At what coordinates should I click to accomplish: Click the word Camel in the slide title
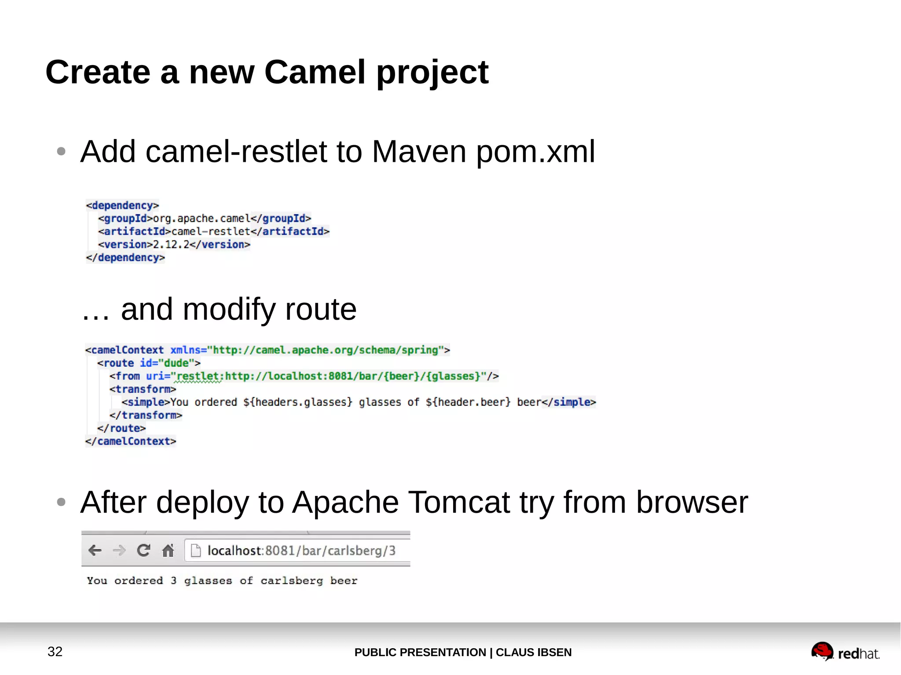pyautogui.click(x=315, y=73)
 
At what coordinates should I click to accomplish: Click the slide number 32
pyautogui.click(x=55, y=651)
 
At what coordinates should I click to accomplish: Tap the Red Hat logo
pyautogui.click(x=845, y=652)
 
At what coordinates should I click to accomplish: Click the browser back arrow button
pyautogui.click(x=95, y=550)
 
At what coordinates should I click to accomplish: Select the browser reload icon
pyautogui.click(x=143, y=550)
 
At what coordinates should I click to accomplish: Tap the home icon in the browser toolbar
pyautogui.click(x=168, y=550)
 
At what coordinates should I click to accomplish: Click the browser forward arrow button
pyautogui.click(x=119, y=550)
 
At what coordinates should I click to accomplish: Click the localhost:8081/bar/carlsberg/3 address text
pyautogui.click(x=301, y=551)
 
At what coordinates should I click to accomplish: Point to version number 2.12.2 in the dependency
pyautogui.click(x=171, y=244)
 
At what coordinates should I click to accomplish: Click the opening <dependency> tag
pyautogui.click(x=122, y=205)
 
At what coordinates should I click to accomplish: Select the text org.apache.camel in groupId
pyautogui.click(x=201, y=219)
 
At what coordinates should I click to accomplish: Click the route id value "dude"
pyautogui.click(x=176, y=363)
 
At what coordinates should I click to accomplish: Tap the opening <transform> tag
pyautogui.click(x=143, y=389)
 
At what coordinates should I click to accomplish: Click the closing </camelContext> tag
pyautogui.click(x=131, y=441)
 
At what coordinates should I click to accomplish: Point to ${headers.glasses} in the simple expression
pyautogui.click(x=298, y=402)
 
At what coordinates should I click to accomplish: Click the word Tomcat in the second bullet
pyautogui.click(x=459, y=502)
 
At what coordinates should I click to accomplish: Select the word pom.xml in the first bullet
pyautogui.click(x=535, y=152)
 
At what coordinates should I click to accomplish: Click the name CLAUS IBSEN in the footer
pyautogui.click(x=534, y=652)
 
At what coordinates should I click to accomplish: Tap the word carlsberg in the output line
pyautogui.click(x=291, y=581)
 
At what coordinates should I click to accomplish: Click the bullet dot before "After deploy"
pyautogui.click(x=61, y=502)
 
